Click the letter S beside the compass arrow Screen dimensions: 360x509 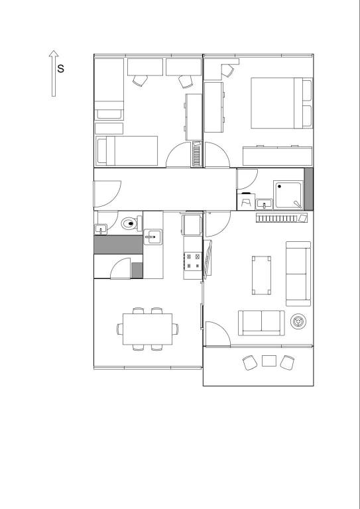pos(61,68)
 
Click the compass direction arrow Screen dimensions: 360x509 pos(54,74)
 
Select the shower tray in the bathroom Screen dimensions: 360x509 pos(288,195)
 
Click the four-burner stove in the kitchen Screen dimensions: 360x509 pos(193,260)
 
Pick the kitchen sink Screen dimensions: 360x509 pos(153,237)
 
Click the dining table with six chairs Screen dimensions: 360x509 pos(147,329)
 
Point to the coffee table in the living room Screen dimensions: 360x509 pos(261,275)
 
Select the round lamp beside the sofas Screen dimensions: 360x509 pos(298,321)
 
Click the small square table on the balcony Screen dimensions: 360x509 pos(269,361)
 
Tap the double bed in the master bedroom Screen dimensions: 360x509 pos(282,103)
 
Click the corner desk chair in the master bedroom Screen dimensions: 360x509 pos(227,71)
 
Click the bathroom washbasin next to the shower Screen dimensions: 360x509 pos(265,204)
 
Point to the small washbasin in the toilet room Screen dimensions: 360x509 pos(101,229)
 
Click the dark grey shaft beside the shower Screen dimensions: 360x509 pos(308,189)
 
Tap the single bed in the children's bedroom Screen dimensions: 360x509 pos(127,150)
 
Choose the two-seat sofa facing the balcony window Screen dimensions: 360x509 pos(261,323)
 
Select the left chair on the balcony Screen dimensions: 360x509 pos(250,363)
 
